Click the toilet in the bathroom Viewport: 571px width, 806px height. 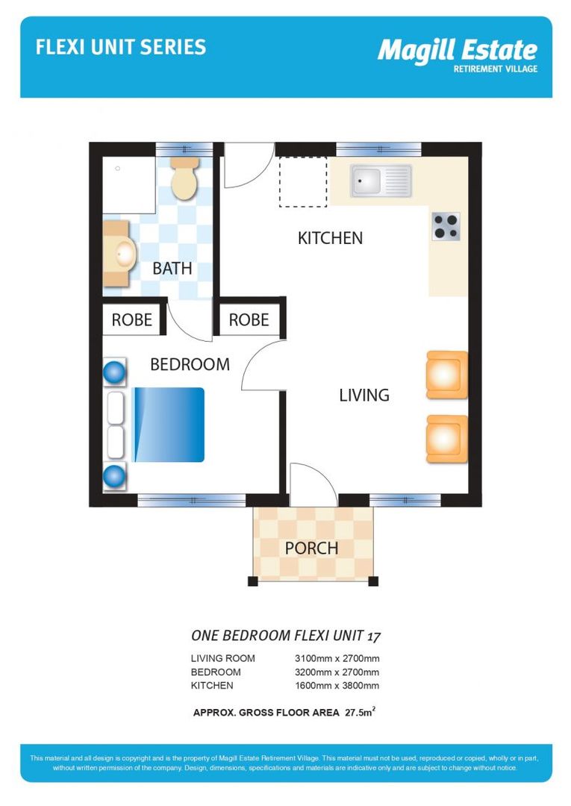(184, 179)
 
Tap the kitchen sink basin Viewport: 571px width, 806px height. (366, 180)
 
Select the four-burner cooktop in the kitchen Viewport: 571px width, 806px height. (446, 227)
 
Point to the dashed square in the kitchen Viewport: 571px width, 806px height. (303, 182)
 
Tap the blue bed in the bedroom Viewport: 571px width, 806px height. (169, 425)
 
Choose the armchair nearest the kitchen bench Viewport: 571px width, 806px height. (446, 374)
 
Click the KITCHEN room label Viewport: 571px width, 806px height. (330, 238)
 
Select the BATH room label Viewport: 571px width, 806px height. (172, 268)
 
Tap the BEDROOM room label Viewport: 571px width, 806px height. (190, 364)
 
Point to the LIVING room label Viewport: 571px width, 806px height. (364, 395)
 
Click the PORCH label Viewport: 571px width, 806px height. (311, 548)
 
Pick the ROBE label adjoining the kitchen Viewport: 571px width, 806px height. (249, 320)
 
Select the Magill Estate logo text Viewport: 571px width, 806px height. (457, 51)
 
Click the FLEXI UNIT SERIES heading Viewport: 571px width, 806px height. (121, 48)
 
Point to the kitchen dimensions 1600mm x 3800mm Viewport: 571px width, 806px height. (337, 685)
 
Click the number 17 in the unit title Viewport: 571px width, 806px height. (374, 636)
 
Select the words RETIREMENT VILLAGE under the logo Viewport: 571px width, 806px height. (496, 69)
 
